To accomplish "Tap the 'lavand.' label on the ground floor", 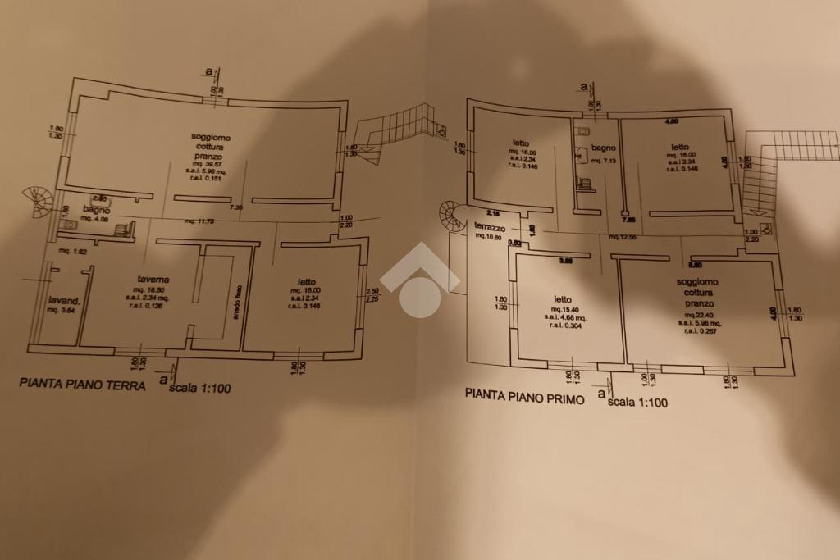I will click(x=63, y=300).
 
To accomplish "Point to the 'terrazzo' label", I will click(x=491, y=226).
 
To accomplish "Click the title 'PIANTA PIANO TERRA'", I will click(x=82, y=383).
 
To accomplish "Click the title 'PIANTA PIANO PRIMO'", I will click(x=525, y=394).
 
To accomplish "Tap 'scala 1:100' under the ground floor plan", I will click(x=199, y=389).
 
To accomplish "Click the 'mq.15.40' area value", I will click(x=562, y=308).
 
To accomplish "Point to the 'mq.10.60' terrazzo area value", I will click(x=489, y=236).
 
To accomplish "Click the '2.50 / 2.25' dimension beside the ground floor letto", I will click(x=372, y=295).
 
